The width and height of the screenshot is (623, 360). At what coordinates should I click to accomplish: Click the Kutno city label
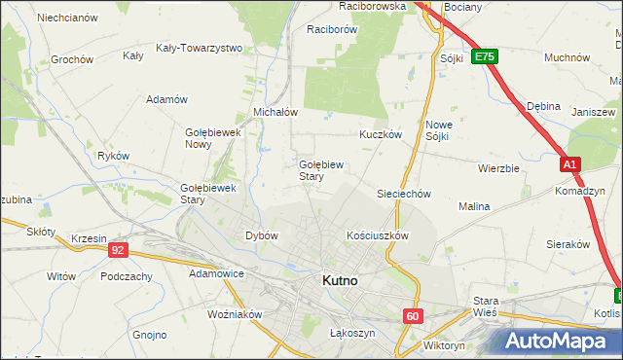340,280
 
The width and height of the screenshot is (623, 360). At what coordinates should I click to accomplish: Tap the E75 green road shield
485,57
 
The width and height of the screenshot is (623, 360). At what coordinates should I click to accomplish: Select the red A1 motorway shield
571,166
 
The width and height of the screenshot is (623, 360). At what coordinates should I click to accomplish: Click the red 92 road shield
118,250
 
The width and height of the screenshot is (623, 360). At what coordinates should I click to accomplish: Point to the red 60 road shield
414,315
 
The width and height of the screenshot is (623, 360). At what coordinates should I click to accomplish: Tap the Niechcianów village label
66,18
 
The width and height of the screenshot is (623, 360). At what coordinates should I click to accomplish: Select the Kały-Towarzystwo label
199,47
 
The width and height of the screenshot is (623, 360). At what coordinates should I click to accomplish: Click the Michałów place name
275,112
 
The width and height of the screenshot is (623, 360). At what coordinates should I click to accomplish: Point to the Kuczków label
380,135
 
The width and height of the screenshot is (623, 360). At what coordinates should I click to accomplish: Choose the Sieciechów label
404,194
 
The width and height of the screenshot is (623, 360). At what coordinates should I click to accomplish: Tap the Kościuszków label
377,235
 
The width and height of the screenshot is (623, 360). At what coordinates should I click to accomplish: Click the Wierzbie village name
498,167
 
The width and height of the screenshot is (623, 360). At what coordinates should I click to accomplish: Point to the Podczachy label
126,276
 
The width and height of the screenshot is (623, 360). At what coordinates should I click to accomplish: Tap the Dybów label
262,235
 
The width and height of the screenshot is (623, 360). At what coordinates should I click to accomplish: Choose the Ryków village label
114,155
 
